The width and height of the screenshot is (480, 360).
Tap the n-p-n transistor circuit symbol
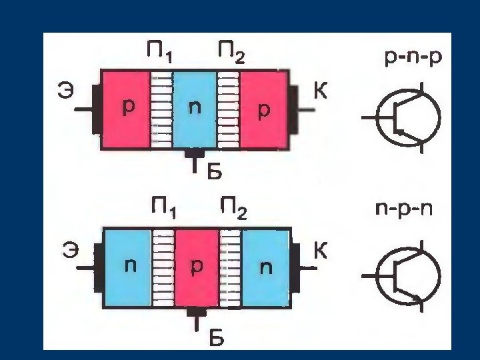[x=407, y=275]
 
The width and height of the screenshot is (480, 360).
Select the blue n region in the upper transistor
[x=194, y=109]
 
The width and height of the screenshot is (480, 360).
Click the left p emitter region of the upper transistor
[x=126, y=109]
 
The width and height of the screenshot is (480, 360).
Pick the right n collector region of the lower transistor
[x=266, y=268]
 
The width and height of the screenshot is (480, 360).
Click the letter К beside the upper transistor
[x=321, y=91]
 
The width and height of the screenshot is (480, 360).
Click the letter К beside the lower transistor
[x=321, y=251]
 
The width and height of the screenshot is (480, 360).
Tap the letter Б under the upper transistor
[x=211, y=172]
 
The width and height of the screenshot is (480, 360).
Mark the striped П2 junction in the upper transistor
[x=229, y=109]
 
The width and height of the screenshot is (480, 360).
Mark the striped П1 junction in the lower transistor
[x=163, y=268]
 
